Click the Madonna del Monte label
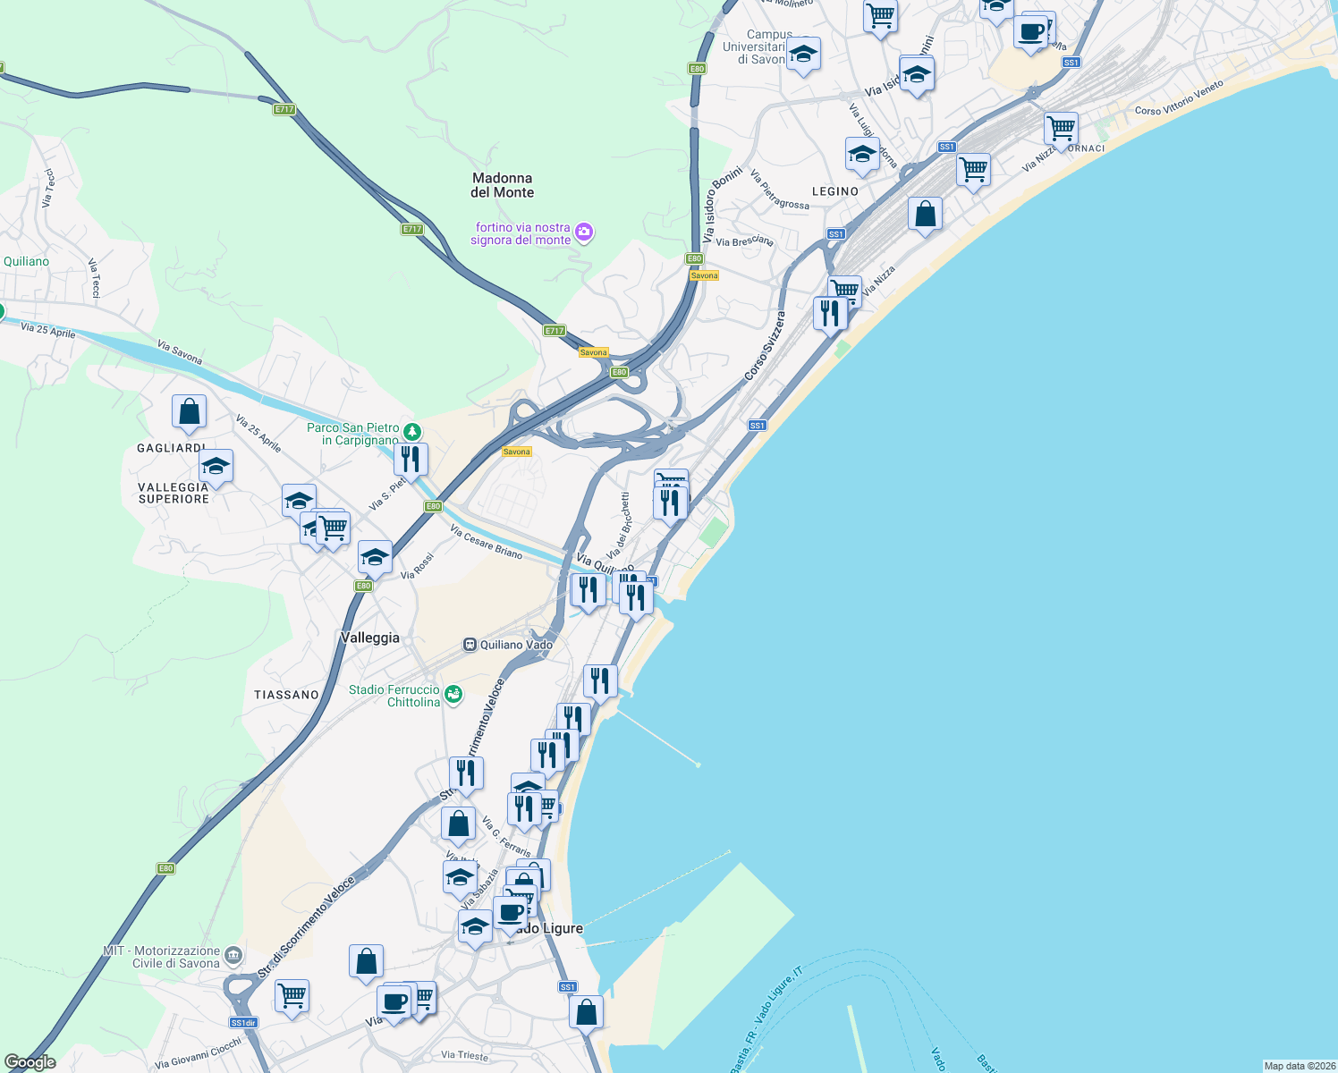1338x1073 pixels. pos(502,185)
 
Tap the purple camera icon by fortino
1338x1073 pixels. pos(584,233)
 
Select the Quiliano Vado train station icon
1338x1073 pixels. pos(470,645)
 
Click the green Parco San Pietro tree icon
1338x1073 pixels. pos(411,433)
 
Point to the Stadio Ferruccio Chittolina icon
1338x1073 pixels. pos(453,695)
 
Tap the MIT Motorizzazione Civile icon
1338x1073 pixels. pos(233,956)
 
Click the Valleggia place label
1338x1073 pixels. pos(370,638)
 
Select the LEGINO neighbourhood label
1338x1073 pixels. pos(834,191)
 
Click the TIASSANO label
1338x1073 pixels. pos(286,695)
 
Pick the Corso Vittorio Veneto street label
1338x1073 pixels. pos(1178,99)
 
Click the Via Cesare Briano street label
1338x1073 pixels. pos(486,542)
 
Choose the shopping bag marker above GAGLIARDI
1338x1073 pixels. pos(190,411)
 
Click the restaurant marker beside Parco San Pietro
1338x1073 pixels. pos(411,460)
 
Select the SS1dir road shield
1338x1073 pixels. pos(243,1023)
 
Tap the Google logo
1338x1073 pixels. pos(30,1062)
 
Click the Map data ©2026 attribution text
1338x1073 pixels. pos(1299,1066)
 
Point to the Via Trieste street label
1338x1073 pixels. pos(465,1056)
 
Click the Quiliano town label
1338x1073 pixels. pos(26,262)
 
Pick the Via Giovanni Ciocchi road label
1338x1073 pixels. pos(198,1053)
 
